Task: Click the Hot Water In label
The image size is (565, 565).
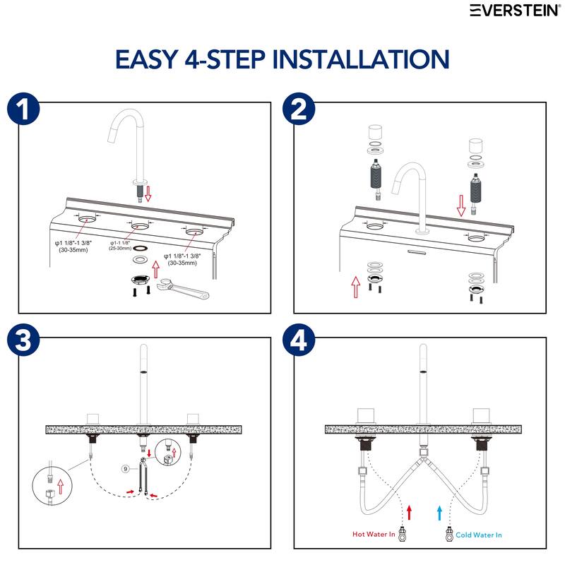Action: tap(374, 535)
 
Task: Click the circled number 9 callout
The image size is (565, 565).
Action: tap(125, 468)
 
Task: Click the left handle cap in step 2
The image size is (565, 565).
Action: tap(374, 133)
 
